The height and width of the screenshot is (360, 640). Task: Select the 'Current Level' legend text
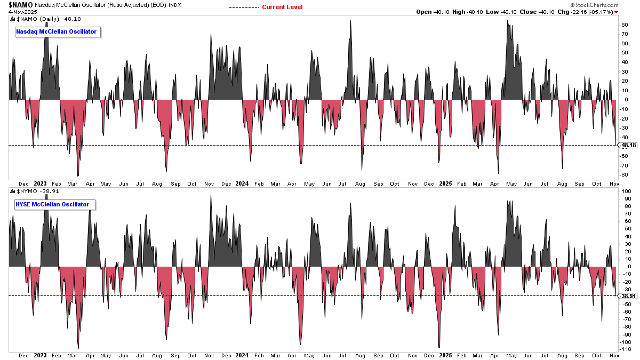click(282, 7)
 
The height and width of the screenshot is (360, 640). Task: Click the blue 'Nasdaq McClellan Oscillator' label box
click(57, 32)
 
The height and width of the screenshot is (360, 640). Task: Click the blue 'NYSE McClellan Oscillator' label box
click(52, 204)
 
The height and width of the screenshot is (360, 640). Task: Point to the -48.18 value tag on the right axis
click(629, 146)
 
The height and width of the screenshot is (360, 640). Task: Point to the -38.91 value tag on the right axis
click(629, 296)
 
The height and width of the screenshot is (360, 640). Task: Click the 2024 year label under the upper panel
click(242, 184)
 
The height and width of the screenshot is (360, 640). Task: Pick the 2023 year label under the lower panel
click(41, 355)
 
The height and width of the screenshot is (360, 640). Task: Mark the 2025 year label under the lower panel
click(445, 355)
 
